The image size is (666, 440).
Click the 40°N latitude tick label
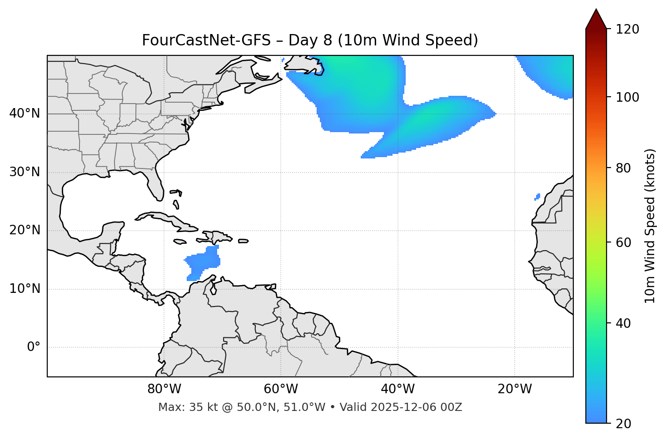[25, 114]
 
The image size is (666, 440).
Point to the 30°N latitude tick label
[25, 172]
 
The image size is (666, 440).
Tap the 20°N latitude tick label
[25, 230]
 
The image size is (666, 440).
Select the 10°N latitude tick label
[25, 289]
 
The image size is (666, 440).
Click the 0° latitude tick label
[34, 347]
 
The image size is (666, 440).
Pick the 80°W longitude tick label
[164, 389]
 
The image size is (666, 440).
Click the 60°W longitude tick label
[281, 389]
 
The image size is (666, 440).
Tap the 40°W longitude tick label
[398, 389]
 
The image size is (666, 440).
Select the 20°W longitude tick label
[515, 389]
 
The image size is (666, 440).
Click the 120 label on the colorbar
[627, 30]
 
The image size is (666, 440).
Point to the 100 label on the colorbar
[627, 98]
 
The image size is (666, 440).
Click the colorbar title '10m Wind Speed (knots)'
[650, 226]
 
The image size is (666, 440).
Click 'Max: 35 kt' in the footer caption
[180, 407]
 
